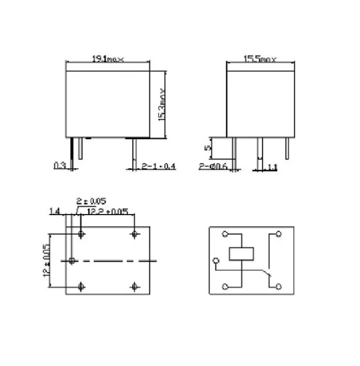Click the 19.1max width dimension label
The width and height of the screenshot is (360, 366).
[108, 59]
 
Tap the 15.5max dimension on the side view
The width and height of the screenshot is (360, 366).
[259, 59]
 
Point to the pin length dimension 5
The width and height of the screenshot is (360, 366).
[209, 147]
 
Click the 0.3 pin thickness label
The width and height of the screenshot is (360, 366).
[60, 166]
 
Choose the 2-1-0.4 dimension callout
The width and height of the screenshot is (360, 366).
[159, 166]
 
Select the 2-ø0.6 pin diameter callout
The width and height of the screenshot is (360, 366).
[214, 166]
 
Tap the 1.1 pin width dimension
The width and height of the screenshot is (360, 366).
[273, 166]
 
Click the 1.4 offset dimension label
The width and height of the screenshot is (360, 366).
[54, 211]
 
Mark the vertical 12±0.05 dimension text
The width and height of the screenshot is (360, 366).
[46, 260]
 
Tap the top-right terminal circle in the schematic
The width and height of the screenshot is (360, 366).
[278, 234]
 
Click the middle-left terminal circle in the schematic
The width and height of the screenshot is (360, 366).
[216, 259]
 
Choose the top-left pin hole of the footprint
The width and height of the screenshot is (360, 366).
[82, 234]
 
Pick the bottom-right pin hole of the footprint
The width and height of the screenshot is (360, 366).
[135, 286]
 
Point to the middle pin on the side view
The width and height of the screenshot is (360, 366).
[259, 149]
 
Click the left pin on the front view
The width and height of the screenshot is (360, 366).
[74, 149]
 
